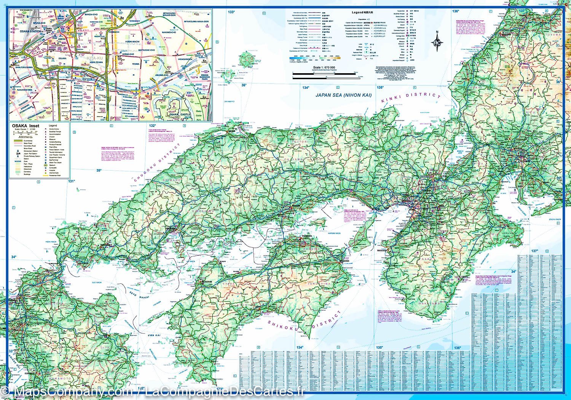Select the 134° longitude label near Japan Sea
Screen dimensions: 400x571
pyautogui.click(x=306, y=88)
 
